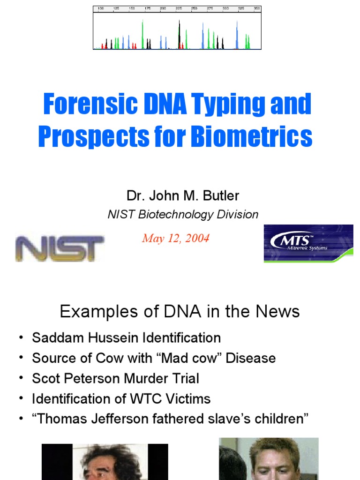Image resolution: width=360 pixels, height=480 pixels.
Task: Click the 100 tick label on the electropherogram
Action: tap(101, 9)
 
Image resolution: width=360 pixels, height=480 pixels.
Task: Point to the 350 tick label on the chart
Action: tap(256, 9)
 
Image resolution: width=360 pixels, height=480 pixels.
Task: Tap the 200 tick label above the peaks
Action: tap(163, 9)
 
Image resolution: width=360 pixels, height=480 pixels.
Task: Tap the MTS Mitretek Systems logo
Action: tap(308, 243)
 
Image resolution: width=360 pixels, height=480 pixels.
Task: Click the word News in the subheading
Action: tap(278, 311)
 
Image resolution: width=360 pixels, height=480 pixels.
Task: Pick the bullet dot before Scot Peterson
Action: tap(21, 378)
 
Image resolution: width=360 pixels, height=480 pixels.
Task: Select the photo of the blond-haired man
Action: tap(269, 459)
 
